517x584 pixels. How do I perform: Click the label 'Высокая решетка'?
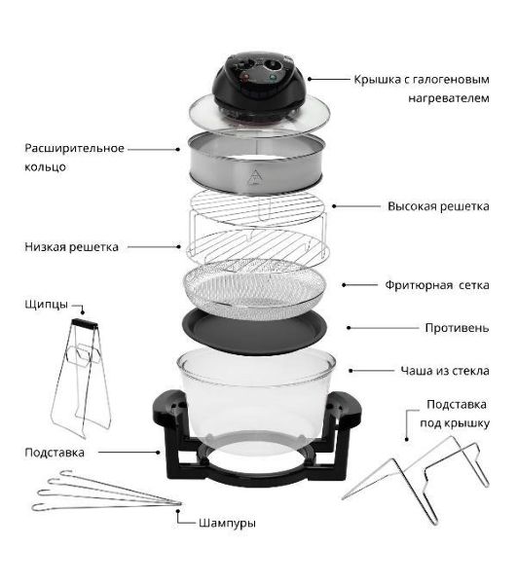coord(438,206)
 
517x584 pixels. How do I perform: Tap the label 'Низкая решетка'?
coord(71,247)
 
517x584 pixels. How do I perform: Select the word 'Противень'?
coord(457,328)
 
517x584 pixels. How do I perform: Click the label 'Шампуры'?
coord(227,524)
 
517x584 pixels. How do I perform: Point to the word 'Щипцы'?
coord(47,305)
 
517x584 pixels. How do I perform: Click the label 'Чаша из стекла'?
coord(445,371)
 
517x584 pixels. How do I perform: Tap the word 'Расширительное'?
coord(75,148)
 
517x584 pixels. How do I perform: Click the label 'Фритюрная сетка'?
coord(437,285)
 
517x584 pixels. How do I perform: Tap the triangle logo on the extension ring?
coord(255,177)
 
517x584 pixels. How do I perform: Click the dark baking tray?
coord(254,331)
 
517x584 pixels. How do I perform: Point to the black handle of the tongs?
coord(85,323)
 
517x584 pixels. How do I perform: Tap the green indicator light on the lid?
coord(273,78)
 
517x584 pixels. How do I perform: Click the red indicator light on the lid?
coord(245,78)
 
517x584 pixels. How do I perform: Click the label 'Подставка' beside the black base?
coord(55,453)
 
